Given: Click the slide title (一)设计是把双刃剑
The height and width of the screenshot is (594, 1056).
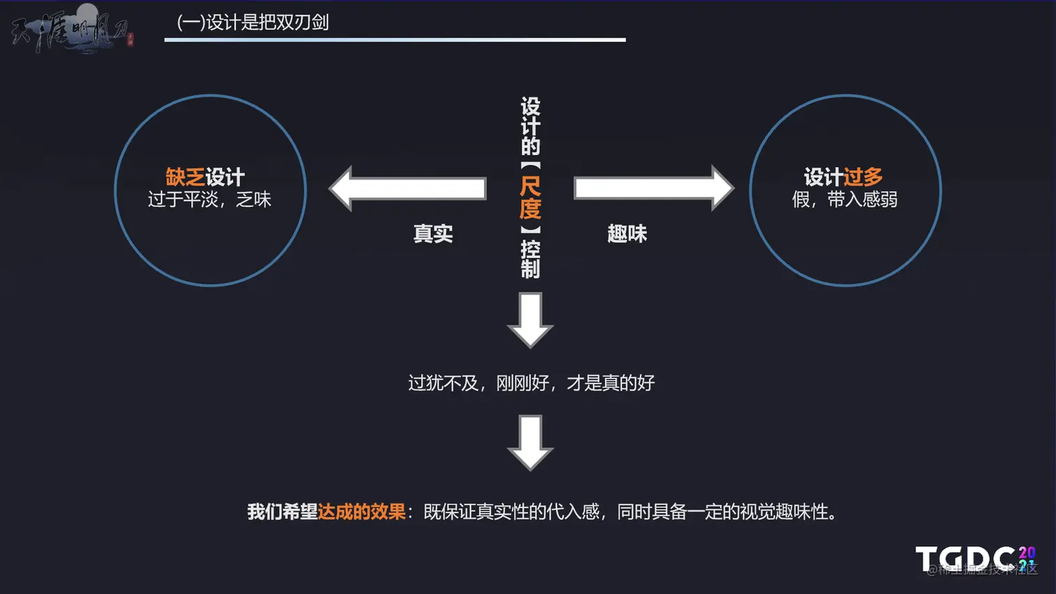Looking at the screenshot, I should click(x=253, y=22).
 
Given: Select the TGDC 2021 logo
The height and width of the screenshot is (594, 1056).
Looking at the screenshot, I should click(x=975, y=559).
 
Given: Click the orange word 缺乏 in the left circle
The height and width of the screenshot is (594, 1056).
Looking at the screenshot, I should click(x=185, y=177).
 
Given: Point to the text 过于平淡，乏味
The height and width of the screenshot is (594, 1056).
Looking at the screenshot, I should click(x=210, y=200).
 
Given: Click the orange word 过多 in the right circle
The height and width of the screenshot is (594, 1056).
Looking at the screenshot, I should click(x=863, y=177).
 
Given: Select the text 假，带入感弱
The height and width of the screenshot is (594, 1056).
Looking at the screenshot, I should click(x=844, y=200).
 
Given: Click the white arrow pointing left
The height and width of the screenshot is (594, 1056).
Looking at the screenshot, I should click(x=408, y=188).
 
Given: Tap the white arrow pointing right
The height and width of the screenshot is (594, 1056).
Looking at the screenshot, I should click(x=653, y=188).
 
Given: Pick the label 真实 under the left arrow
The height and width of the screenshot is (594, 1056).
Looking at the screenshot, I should click(x=433, y=234).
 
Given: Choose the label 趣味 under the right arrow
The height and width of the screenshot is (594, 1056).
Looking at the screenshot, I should click(x=627, y=234).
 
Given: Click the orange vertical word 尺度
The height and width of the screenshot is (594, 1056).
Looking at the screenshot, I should click(x=530, y=198).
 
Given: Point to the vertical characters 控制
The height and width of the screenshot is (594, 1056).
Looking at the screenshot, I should click(x=530, y=259).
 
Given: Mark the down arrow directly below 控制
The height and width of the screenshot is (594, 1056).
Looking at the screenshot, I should click(x=530, y=320).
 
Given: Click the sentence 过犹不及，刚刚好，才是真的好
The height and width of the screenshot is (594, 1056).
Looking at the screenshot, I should click(x=531, y=383).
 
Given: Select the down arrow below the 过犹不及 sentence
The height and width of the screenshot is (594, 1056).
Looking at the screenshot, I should click(x=530, y=443).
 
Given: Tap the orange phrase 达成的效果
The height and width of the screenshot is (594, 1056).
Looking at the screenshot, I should click(x=362, y=512).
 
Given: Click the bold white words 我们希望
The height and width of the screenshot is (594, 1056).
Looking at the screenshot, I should click(x=282, y=512).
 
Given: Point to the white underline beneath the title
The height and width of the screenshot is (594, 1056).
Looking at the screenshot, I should click(x=395, y=40).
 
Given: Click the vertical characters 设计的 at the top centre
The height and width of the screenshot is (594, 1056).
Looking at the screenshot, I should click(x=530, y=126).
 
